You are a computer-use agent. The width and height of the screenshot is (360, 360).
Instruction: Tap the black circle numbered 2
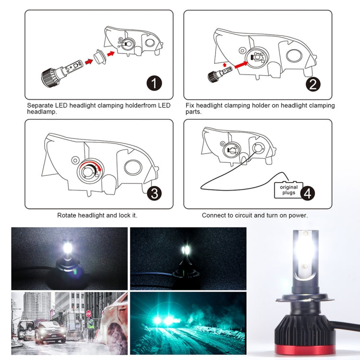coord(312,84)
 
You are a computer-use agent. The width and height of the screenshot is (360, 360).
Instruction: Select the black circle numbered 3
coord(154,193)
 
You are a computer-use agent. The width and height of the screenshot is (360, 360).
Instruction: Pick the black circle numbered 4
coord(308,193)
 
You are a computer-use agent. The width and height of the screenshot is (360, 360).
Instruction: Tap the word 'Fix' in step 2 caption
coord(190,105)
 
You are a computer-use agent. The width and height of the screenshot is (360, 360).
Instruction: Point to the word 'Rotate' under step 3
coord(67,216)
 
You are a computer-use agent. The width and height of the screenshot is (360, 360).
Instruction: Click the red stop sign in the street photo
coord(88,313)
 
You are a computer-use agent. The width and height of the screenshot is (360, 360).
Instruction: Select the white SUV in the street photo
coord(50,331)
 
